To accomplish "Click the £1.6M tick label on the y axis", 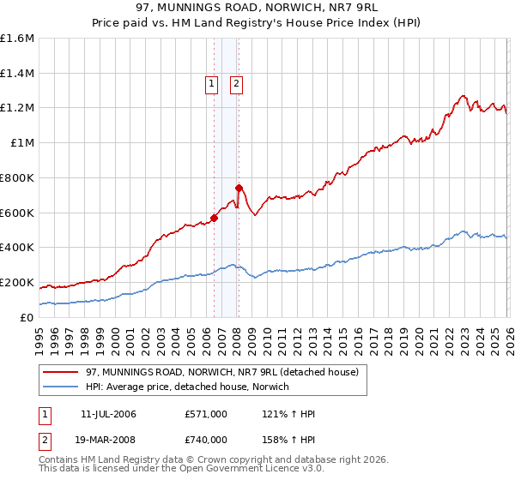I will click(17, 39).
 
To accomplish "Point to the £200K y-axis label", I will click(17, 282).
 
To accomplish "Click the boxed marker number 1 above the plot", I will click(211, 83).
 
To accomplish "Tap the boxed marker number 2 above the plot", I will click(236, 83).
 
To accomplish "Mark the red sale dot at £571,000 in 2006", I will click(214, 218).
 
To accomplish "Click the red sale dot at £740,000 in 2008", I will click(239, 188).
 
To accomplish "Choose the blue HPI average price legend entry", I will click(187, 387).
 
